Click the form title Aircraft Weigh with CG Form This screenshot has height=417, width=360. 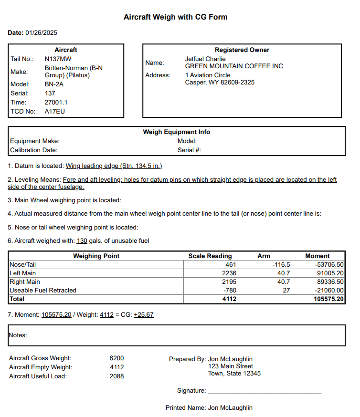tap(175, 17)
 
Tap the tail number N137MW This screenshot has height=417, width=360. tap(57, 59)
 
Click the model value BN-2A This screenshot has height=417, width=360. tap(54, 84)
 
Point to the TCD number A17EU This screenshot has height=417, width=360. tap(54, 111)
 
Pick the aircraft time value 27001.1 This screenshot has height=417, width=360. tap(56, 102)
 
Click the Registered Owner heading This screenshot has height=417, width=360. tap(242, 50)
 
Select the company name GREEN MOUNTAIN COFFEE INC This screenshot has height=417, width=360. tap(234, 66)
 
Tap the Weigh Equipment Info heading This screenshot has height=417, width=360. tap(177, 132)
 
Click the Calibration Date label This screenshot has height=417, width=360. tap(34, 150)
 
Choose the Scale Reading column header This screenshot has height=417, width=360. tap(210, 256)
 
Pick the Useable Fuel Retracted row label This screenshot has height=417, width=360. tap(43, 290)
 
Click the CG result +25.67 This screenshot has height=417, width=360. tap(144, 315)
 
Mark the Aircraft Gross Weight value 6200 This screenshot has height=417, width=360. tap(116, 358)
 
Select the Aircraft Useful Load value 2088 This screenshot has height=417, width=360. tap(116, 376)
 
